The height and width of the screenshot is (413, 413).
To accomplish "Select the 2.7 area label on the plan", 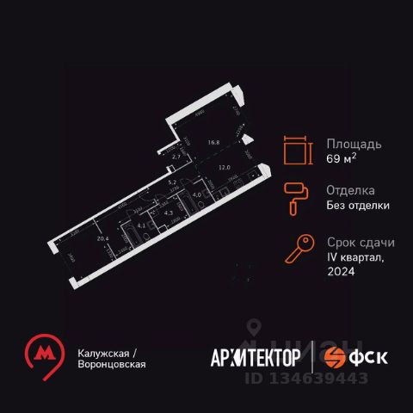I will (x=177, y=157).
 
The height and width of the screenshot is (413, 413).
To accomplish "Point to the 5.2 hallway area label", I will (x=172, y=182).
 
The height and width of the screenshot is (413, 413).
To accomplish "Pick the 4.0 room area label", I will (x=195, y=195).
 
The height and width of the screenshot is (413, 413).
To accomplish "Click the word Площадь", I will (x=353, y=144).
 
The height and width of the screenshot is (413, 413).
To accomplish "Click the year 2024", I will (x=342, y=271).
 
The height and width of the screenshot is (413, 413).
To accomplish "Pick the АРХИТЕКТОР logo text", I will (x=256, y=357).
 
